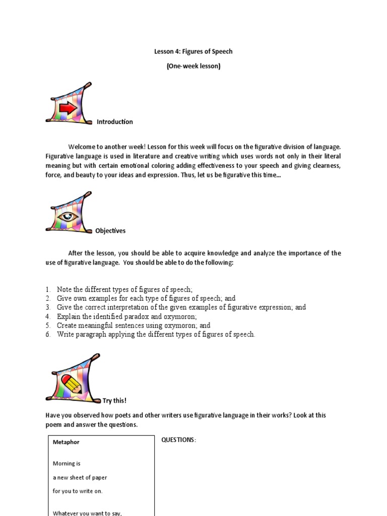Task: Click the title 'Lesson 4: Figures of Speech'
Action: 193,51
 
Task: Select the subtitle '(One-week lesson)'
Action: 193,66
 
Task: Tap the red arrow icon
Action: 69,108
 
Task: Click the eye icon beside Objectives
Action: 68,217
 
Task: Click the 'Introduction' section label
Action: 115,122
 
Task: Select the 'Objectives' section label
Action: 110,231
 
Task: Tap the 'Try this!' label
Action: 114,401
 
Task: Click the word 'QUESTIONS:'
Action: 178,440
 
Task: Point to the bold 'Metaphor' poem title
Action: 66,442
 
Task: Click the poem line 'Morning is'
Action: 67,464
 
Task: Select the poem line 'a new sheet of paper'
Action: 80,477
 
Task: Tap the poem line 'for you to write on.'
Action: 78,491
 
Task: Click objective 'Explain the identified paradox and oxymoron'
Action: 126,316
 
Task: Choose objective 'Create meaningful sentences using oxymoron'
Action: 134,326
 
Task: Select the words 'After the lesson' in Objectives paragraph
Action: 91,253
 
